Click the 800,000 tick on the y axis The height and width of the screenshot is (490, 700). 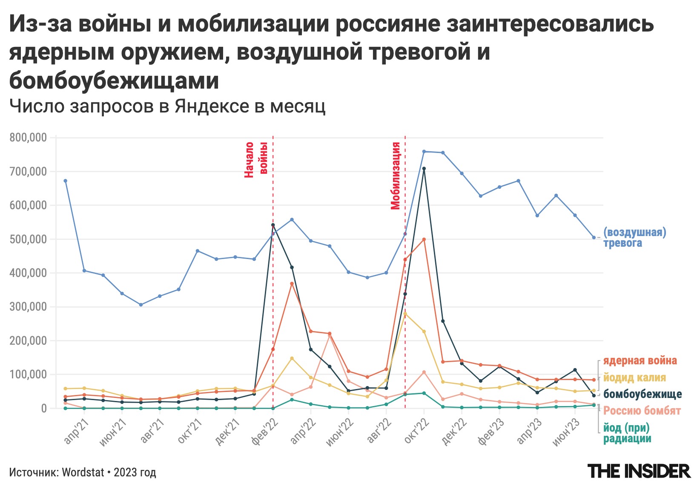[x=28, y=138]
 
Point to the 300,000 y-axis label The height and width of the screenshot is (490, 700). [x=28, y=307]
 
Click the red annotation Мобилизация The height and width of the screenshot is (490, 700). [x=396, y=176]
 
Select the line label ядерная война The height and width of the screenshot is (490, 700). [x=640, y=361]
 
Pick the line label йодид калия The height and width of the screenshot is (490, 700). [x=634, y=378]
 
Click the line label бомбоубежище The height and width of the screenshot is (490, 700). [x=643, y=394]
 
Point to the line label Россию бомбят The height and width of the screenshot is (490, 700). [x=642, y=411]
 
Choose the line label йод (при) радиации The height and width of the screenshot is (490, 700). [x=627, y=433]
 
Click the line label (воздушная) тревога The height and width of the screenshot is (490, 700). [x=634, y=237]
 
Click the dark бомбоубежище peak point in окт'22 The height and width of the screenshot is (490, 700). [x=424, y=168]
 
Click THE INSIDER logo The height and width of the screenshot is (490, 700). [x=639, y=471]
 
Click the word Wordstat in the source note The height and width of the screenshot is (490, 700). [x=83, y=473]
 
